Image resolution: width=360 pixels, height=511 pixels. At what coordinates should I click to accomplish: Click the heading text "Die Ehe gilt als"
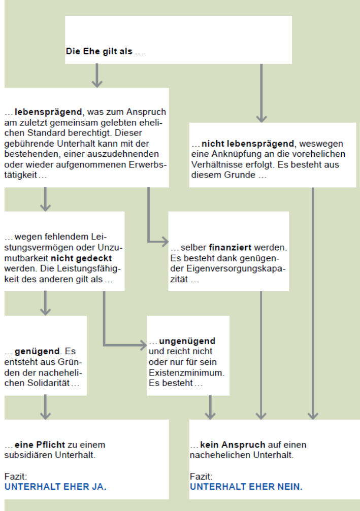click(99, 52)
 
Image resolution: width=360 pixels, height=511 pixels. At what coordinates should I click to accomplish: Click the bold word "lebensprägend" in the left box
click(45, 112)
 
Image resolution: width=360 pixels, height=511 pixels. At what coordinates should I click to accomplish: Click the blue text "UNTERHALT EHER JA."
click(55, 487)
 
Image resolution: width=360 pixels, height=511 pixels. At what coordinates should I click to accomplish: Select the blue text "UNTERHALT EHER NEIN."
click(246, 487)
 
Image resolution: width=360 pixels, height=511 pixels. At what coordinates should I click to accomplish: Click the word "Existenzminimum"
click(186, 372)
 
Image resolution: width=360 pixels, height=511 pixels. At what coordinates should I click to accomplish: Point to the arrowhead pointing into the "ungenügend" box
click(143, 346)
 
